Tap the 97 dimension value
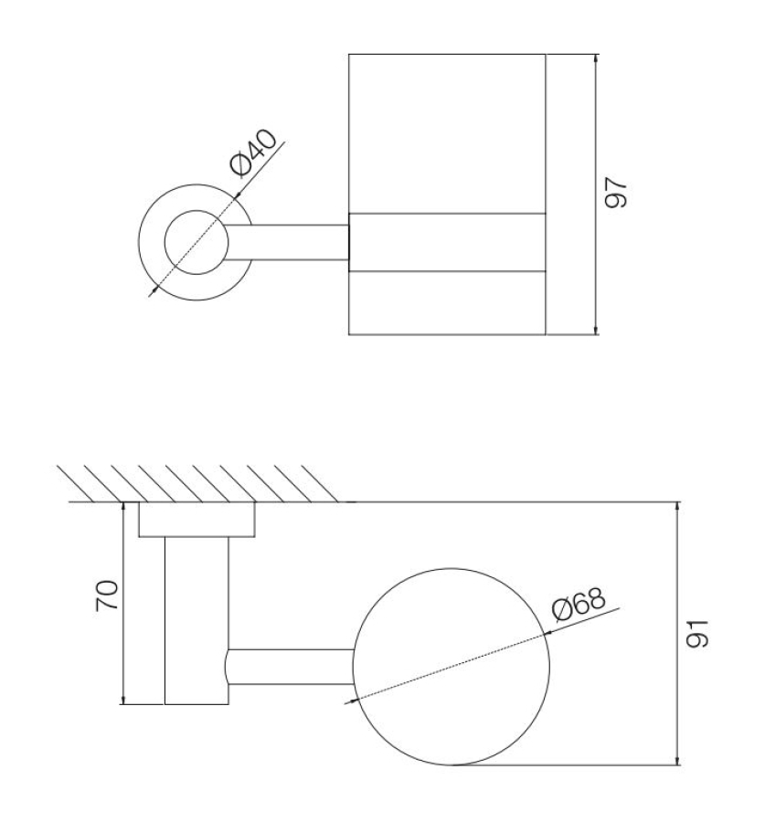[x=616, y=193]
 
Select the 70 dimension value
[x=108, y=595]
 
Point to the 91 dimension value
[x=698, y=633]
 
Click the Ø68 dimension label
[x=579, y=604]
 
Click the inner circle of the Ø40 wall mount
[x=197, y=242]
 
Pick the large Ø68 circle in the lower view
[x=452, y=667]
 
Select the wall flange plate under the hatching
[x=197, y=519]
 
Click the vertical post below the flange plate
[x=197, y=620]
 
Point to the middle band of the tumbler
[x=447, y=242]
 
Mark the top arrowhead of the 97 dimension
[x=596, y=58]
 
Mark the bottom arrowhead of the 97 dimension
[x=596, y=330]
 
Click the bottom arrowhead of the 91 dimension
[x=677, y=761]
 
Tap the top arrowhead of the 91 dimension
[x=677, y=506]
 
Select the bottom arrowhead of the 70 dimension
[x=122, y=700]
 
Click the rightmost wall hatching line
[x=319, y=483]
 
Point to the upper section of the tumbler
[x=447, y=133]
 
